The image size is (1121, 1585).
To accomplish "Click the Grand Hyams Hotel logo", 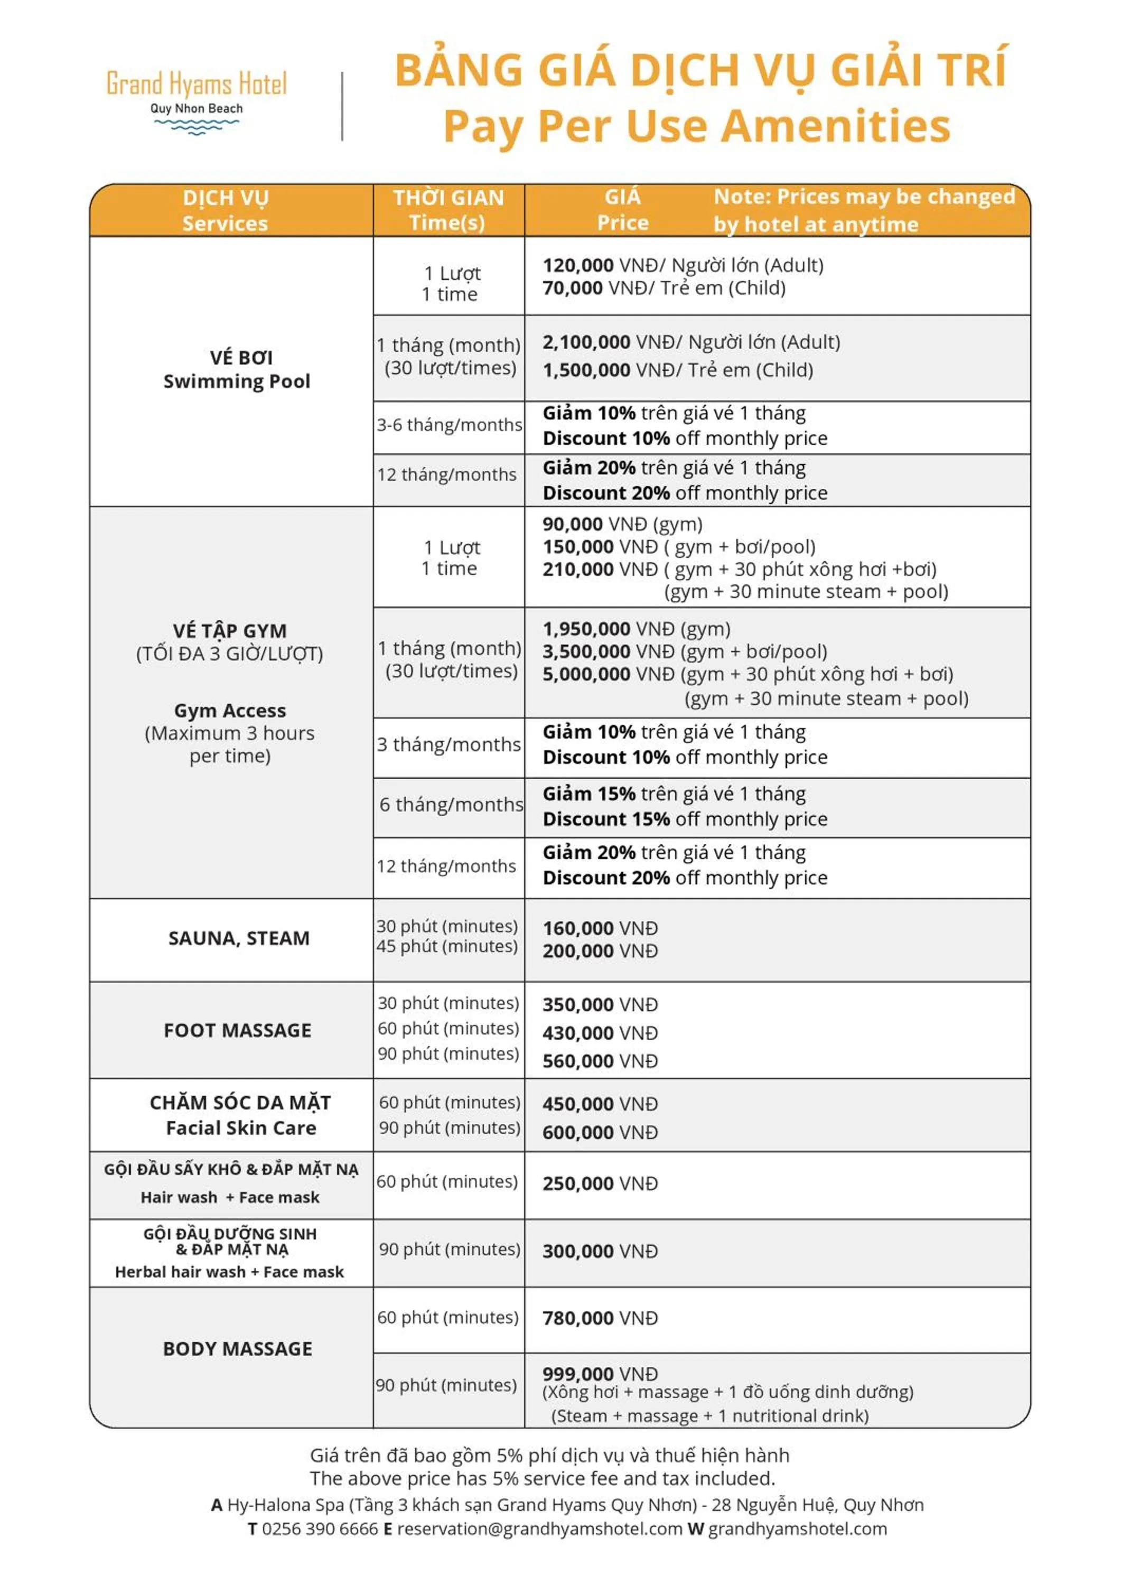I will pos(197,100).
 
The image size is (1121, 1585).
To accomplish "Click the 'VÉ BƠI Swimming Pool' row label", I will pos(237,369).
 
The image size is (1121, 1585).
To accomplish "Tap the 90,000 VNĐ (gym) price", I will pos(622,524).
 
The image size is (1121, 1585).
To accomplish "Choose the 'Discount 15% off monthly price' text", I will pos(685,819).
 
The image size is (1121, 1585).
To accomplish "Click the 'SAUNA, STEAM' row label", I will pos(239,938).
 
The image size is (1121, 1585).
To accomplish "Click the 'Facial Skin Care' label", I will pos(241,1127).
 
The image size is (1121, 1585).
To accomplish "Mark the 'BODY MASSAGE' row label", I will pos(237,1348).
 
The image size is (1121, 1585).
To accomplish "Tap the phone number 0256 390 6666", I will pos(320,1528).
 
